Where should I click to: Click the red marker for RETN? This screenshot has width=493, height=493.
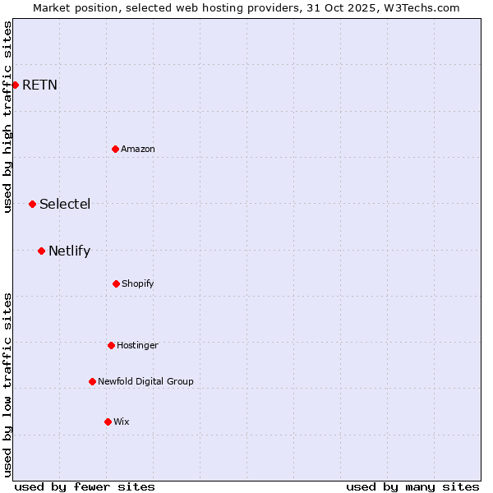[15, 85]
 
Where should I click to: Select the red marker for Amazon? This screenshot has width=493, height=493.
[115, 149]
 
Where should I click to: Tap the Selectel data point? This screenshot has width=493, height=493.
[32, 204]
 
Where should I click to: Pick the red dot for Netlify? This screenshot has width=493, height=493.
[41, 251]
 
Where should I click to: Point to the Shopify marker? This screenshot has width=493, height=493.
[116, 283]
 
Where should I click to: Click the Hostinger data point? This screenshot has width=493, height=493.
[111, 345]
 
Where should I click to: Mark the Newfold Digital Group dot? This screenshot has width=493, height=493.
[92, 381]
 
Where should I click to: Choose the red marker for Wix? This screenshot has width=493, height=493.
[108, 422]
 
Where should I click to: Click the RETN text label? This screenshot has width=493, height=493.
[39, 85]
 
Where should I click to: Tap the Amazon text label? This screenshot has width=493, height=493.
[138, 149]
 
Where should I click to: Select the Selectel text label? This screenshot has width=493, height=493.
[65, 204]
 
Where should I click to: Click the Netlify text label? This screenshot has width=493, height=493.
[69, 251]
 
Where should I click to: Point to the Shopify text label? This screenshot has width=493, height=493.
[138, 283]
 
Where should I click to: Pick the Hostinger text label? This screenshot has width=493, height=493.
[137, 345]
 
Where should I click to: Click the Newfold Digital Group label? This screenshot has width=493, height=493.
[145, 381]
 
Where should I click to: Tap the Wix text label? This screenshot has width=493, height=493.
[122, 422]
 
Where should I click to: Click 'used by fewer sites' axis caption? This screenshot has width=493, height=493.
[85, 486]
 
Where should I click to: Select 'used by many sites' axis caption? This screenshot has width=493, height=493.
[412, 486]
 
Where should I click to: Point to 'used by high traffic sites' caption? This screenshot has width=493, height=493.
[7, 117]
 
